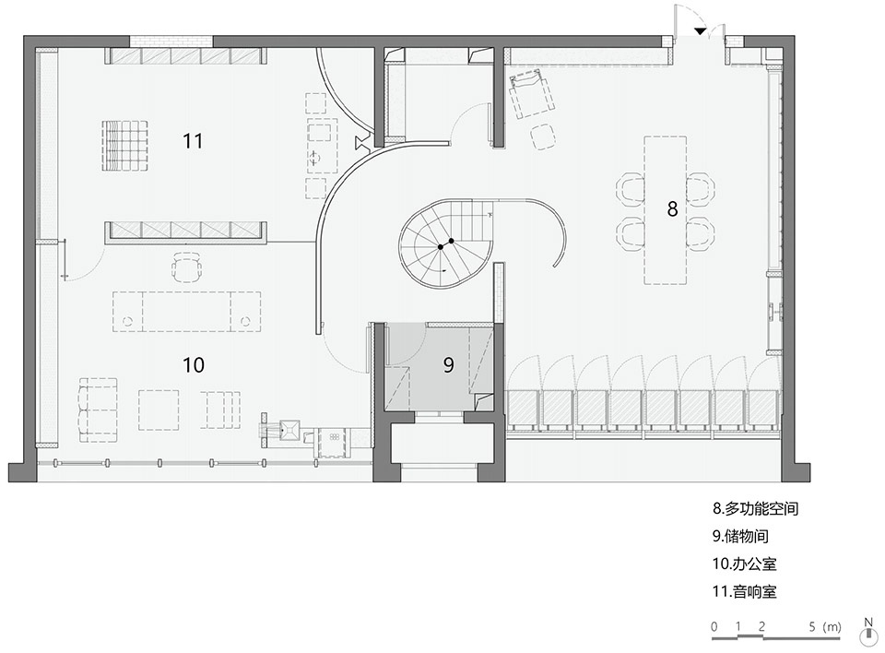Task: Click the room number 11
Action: point(193,141)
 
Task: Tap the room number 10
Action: point(193,365)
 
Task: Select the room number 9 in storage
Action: point(448,365)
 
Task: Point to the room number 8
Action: point(672,209)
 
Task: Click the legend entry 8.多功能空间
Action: point(755,508)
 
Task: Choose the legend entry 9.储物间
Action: point(740,536)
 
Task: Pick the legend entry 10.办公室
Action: point(744,564)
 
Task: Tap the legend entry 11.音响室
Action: point(744,591)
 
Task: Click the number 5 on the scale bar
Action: point(812,626)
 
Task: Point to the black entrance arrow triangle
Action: point(700,31)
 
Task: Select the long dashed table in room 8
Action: point(666,210)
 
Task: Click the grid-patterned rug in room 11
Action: point(124,145)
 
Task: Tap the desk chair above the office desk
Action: point(187,267)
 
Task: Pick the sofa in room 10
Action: point(98,410)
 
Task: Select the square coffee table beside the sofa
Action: point(159,410)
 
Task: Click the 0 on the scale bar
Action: point(714,626)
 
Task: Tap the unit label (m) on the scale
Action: point(832,626)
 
